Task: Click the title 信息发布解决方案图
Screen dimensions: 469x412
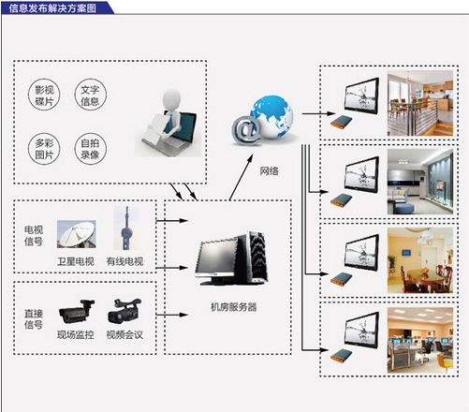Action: pos(52,8)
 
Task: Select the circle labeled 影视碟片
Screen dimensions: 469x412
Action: pos(44,95)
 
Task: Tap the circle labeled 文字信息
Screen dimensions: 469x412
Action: pos(90,95)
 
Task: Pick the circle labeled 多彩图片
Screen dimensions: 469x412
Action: pos(44,148)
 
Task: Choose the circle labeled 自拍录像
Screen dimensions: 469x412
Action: pos(90,148)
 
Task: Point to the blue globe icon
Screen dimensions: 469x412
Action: pos(272,116)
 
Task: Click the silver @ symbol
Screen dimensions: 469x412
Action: pos(246,130)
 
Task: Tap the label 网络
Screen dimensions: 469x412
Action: pos(269,170)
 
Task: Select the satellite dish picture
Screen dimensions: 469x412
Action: pos(77,234)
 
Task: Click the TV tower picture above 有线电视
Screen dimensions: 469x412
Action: pos(126,228)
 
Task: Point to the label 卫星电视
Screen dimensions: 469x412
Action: pos(76,261)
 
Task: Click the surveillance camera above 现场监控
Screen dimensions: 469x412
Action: pos(77,311)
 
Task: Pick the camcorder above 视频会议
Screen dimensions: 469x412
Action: pos(125,311)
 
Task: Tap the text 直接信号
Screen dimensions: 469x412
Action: pos(34,319)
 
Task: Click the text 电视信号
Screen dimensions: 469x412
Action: pos(34,236)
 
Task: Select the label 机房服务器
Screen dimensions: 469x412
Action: pos(234,307)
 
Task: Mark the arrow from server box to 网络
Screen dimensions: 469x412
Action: pos(241,177)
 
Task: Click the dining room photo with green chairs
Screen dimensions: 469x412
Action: pos(420,103)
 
